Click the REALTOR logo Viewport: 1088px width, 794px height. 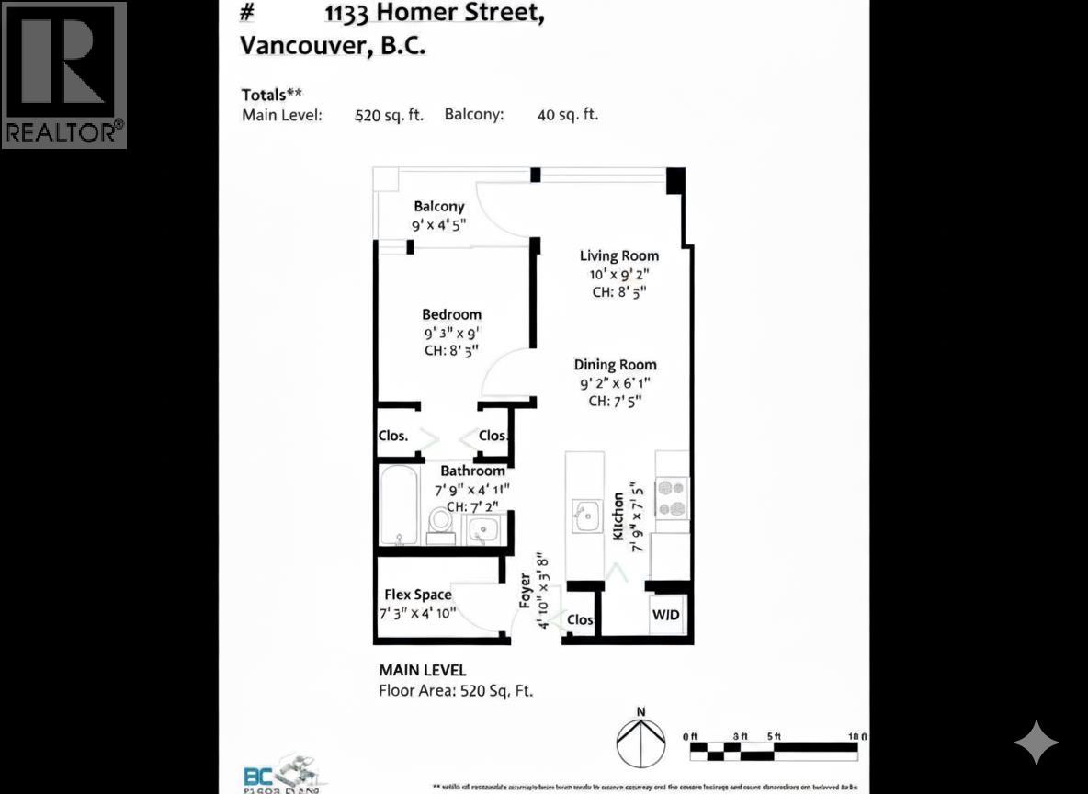coord(64,74)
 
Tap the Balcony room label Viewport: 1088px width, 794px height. coord(438,207)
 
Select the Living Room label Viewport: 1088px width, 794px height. coord(618,255)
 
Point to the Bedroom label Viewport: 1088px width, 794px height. coord(451,314)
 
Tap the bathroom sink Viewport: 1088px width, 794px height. coord(483,529)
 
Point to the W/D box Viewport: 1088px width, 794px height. coord(666,614)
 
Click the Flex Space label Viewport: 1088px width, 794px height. coord(418,595)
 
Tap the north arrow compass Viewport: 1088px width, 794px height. coord(641,743)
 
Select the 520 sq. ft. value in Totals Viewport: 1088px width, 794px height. coord(389,116)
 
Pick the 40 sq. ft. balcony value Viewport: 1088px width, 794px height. coord(567,116)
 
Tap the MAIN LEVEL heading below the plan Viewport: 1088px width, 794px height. coord(422,671)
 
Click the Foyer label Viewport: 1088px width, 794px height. coord(526,591)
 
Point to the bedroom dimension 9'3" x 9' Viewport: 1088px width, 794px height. coord(450,333)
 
